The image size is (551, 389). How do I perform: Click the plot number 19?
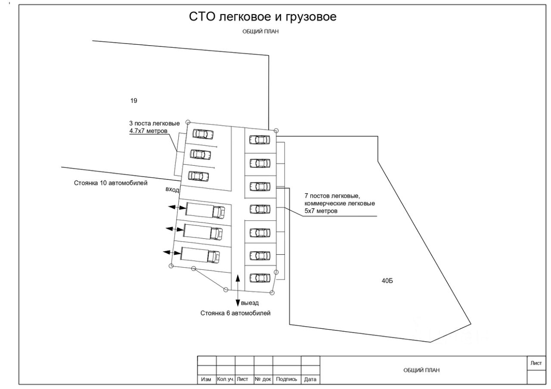click(133, 101)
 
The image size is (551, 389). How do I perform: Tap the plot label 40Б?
click(387, 281)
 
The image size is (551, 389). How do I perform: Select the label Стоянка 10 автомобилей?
click(111, 183)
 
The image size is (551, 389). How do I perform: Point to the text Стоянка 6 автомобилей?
click(235, 313)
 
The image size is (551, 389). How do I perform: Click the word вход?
click(172, 190)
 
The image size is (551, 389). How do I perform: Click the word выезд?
click(250, 303)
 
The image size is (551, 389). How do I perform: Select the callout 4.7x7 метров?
click(148, 130)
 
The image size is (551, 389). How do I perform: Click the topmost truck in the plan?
click(205, 211)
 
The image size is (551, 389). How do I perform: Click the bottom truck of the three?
click(201, 255)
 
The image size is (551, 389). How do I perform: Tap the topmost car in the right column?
click(260, 139)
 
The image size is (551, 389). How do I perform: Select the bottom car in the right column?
click(260, 278)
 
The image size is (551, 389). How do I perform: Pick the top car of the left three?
click(202, 134)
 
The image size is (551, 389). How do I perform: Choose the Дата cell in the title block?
click(310, 379)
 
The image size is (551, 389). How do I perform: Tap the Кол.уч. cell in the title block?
click(226, 379)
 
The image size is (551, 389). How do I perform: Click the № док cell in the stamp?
click(263, 379)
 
